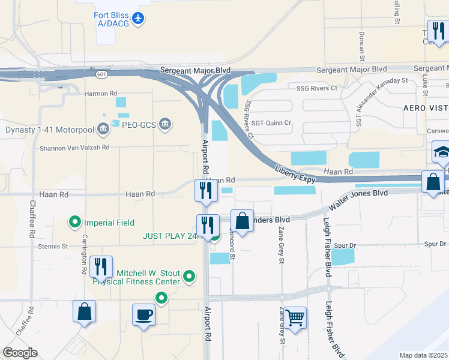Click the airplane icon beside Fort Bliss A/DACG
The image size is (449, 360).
pyautogui.click(x=139, y=19)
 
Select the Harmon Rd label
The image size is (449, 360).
pyautogui.click(x=101, y=94)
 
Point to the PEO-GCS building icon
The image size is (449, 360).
pyautogui.click(x=166, y=125)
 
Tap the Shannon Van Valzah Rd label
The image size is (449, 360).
pyautogui.click(x=74, y=147)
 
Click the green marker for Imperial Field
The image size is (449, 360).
pyautogui.click(x=75, y=223)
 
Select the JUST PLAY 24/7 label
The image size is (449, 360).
pyautogui.click(x=170, y=236)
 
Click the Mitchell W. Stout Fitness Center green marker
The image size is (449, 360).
pyautogui.click(x=189, y=277)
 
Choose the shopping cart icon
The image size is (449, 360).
pyautogui.click(x=295, y=317)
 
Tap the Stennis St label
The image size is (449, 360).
pyautogui.click(x=53, y=246)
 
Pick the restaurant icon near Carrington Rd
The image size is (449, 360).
pyautogui.click(x=101, y=266)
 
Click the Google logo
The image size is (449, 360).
pyautogui.click(x=20, y=353)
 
